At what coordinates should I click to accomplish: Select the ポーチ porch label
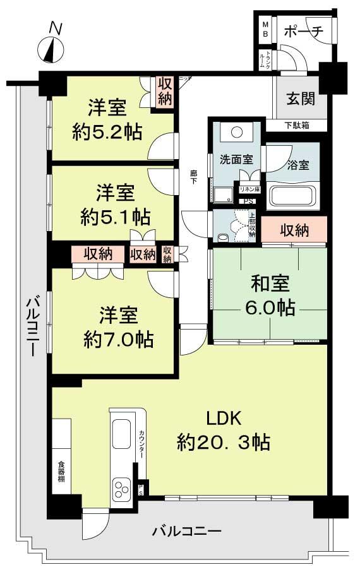coord(303,30)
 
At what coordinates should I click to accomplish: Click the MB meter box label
coord(265,28)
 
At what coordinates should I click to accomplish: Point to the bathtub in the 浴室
coord(294,196)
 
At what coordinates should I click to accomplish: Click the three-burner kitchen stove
coord(121,487)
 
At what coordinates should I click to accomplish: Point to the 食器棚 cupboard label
coord(61,472)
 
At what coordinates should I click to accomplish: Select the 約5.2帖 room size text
coord(105,132)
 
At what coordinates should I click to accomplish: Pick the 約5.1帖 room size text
coord(115,217)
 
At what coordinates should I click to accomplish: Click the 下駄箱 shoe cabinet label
coord(296,125)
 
